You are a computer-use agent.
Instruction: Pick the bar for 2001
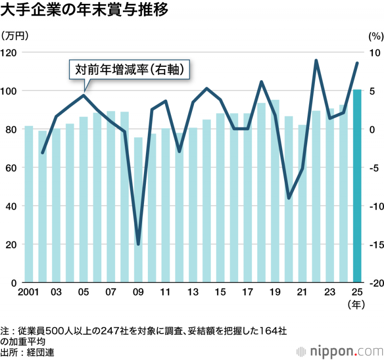pos(29,204)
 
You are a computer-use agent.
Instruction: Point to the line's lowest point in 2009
pos(138,244)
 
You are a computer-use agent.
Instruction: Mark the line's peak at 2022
pos(316,60)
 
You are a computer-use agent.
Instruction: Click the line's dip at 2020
pos(288,198)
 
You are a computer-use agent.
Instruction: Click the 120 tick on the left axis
pos(10,52)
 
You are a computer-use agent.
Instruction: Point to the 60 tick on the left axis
pos(12,168)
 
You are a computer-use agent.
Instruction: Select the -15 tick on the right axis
pos(372,244)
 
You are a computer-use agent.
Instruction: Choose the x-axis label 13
pos(193,292)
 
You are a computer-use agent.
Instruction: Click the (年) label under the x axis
pos(357,304)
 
